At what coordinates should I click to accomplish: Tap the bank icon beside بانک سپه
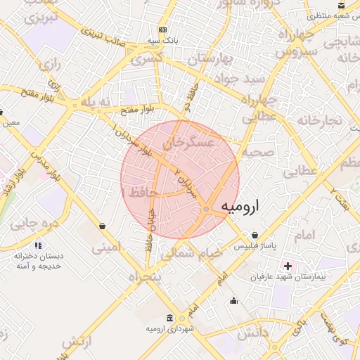(x=163, y=30)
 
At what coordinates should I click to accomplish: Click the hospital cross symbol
(x=288, y=266)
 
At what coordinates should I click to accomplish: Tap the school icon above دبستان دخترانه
(x=38, y=245)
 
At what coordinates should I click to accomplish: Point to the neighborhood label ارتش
(x=78, y=342)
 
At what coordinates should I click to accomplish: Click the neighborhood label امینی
(x=107, y=247)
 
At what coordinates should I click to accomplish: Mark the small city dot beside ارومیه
(x=205, y=209)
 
